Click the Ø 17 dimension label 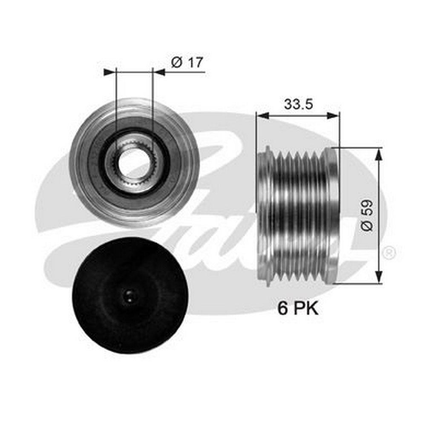[x=187, y=63]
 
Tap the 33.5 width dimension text [x=298, y=104]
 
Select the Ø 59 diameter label [x=368, y=216]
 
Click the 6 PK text [x=298, y=308]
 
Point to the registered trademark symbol [x=389, y=253]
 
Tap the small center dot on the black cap [x=130, y=295]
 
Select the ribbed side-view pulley [x=298, y=216]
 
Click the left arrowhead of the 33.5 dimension [x=262, y=116]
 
